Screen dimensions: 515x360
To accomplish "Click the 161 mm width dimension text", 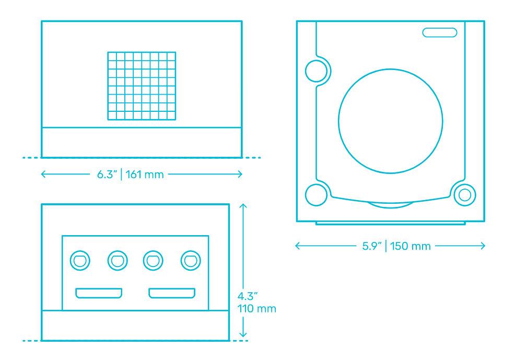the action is (145, 175).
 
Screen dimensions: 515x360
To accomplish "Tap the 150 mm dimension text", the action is (410, 246).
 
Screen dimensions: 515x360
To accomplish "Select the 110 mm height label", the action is (256, 309).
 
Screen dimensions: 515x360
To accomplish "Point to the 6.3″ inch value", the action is (107, 175).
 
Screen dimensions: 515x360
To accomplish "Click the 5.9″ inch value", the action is (372, 246).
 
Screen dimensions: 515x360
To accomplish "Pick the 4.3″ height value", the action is (248, 296).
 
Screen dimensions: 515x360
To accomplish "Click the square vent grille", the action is (142, 86).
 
